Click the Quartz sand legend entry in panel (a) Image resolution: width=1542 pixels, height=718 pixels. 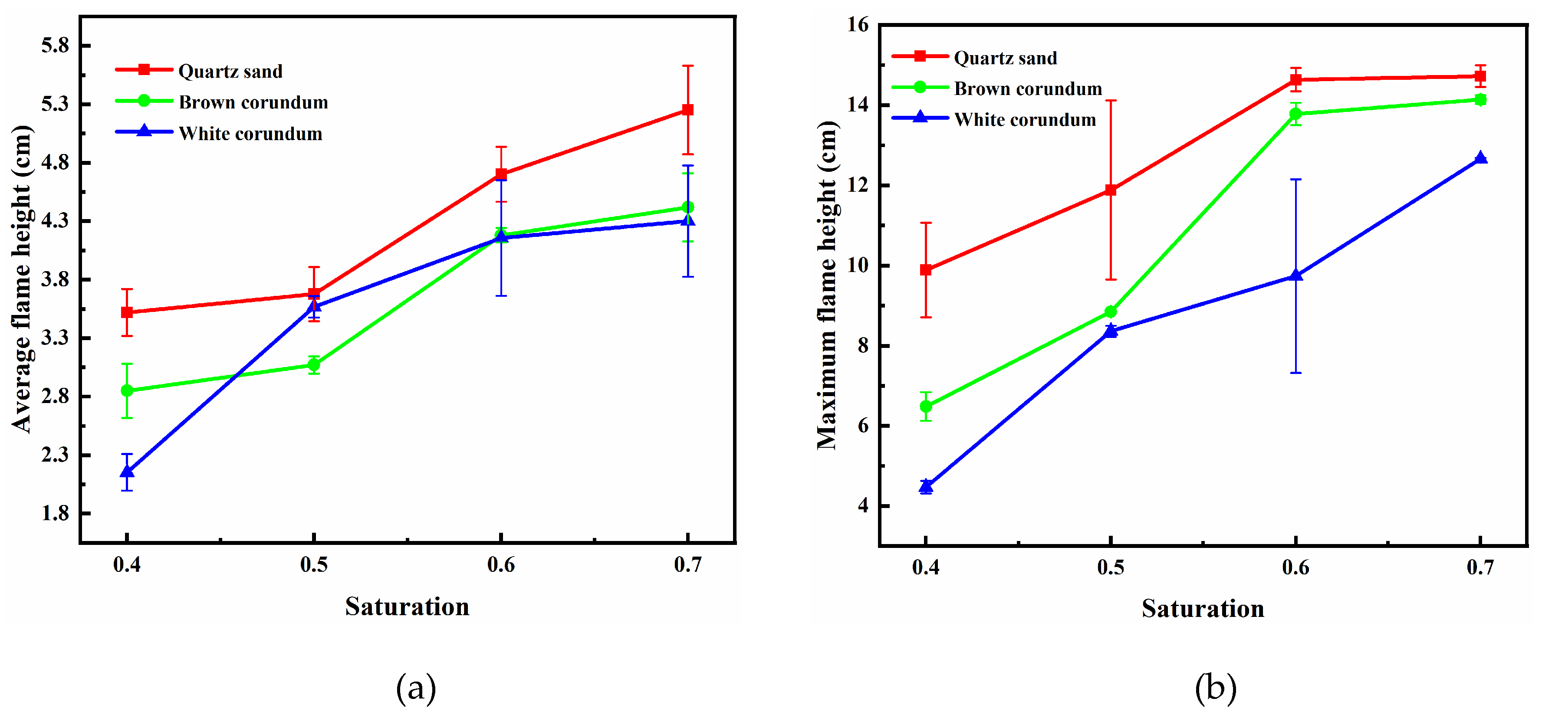pos(230,71)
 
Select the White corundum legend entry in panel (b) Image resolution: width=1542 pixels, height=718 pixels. pos(1024,120)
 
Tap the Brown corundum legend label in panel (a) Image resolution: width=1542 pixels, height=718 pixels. pos(253,102)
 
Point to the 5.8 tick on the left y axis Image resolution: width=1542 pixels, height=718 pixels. pos(55,46)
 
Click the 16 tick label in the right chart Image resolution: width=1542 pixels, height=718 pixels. pos(857,25)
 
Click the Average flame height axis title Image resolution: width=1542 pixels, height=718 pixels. pos(22,279)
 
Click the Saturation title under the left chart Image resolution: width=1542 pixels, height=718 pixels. pos(407,607)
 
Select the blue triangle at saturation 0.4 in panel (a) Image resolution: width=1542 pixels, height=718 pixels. pos(127,472)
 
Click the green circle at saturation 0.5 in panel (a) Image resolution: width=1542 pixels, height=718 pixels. pos(314,365)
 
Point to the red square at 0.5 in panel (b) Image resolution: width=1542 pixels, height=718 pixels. pos(1111,190)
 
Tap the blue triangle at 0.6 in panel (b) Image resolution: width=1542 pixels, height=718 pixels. pos(1295,275)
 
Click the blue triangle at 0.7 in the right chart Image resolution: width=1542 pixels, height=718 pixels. pos(1480,158)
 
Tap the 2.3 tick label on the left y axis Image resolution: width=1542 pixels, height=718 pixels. pos(55,455)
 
